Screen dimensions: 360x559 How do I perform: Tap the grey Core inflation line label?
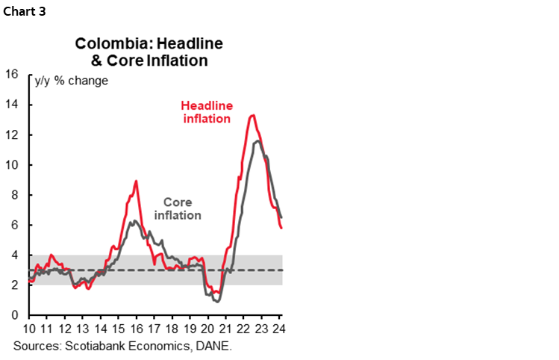pos(178,208)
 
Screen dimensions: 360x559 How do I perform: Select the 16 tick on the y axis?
pos(11,74)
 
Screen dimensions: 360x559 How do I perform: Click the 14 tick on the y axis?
pos(11,105)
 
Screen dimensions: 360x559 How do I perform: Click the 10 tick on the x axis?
pos(30,329)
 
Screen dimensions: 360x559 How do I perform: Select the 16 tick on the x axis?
pos(137,329)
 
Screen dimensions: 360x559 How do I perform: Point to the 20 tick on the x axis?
pos(208,329)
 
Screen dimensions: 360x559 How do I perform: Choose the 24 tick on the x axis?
pos(279,329)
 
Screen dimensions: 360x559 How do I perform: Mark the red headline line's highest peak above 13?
pos(253,115)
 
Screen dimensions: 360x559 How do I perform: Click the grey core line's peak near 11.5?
pos(257,140)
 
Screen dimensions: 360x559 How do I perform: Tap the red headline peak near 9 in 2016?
pos(136,181)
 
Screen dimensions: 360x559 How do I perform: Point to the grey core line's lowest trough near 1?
pos(216,301)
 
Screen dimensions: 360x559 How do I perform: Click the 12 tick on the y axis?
pos(11,134)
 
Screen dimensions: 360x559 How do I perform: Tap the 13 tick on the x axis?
pos(83,329)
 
